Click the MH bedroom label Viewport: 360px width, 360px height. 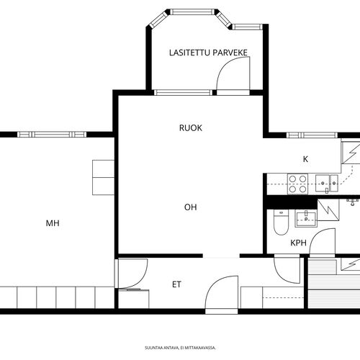(x=53, y=223)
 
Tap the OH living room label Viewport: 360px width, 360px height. (x=191, y=207)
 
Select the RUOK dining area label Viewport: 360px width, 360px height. (x=191, y=128)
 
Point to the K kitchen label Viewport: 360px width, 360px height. (x=305, y=159)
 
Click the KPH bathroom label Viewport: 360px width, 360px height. (x=299, y=243)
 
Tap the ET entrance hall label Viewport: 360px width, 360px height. (x=176, y=284)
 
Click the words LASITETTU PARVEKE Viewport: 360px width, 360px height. (x=208, y=53)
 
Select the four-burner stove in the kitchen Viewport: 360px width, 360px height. (x=297, y=184)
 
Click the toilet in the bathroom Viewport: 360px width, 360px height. (x=281, y=222)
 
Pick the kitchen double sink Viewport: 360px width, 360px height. (x=327, y=184)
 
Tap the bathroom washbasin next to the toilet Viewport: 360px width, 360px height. (x=306, y=218)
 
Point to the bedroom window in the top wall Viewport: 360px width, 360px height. (x=52, y=135)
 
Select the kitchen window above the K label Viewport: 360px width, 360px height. (x=312, y=135)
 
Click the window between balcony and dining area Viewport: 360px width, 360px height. (x=183, y=92)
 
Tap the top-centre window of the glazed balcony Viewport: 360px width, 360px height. (x=192, y=12)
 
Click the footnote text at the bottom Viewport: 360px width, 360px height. (x=180, y=348)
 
